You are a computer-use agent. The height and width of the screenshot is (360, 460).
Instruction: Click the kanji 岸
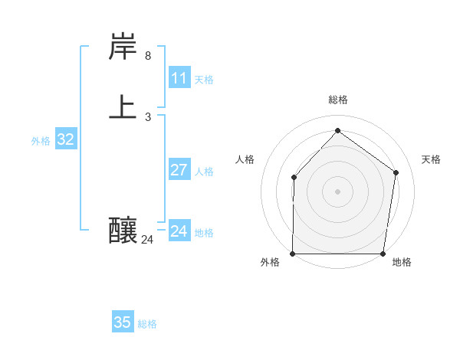123,47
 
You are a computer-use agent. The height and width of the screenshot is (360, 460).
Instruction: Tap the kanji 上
123,107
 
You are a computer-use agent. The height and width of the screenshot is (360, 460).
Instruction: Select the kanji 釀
123,230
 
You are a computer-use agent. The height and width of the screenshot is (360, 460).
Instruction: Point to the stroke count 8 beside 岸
148,56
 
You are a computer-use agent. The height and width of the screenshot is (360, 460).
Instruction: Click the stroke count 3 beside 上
148,117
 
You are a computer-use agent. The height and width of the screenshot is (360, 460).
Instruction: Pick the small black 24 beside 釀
147,240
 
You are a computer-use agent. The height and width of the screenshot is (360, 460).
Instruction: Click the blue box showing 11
179,78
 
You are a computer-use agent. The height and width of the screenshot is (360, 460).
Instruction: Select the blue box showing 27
179,170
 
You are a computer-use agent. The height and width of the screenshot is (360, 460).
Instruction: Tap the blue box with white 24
179,231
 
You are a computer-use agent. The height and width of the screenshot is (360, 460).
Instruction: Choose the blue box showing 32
66,139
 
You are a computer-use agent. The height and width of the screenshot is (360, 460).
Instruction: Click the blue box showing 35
123,322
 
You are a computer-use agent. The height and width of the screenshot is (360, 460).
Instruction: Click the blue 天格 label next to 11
204,80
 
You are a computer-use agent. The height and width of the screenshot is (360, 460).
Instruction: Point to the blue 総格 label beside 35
147,324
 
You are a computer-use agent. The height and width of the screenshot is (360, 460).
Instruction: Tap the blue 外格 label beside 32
41,141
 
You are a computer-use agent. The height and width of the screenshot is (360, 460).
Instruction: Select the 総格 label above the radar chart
338,100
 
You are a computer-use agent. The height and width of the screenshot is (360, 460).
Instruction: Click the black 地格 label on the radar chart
402,263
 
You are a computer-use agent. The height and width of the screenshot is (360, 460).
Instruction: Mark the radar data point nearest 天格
396,172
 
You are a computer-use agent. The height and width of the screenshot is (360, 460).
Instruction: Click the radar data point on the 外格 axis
293,254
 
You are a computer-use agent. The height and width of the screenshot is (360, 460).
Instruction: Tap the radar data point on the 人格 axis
294,178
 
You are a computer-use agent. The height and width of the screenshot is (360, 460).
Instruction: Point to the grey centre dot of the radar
338,191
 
